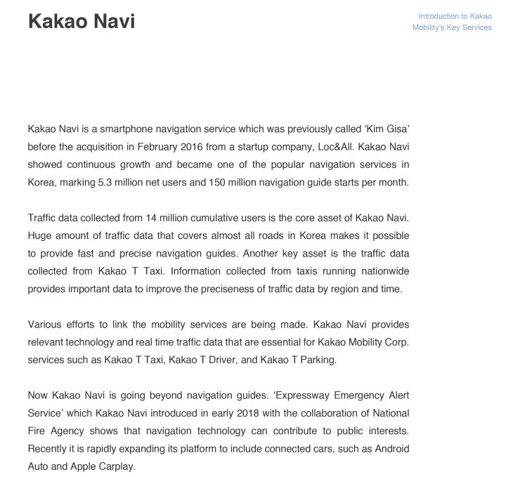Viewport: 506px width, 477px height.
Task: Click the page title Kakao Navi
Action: tap(82, 21)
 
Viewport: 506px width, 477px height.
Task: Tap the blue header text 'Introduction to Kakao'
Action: tap(455, 16)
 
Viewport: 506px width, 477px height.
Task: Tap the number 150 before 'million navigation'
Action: tap(217, 182)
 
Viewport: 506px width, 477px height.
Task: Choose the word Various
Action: tap(44, 325)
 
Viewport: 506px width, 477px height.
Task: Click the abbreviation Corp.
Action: tap(397, 342)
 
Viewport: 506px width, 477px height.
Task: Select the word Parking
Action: tap(319, 360)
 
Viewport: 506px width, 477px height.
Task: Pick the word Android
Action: tap(391, 448)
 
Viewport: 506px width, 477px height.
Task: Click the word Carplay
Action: tap(119, 466)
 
